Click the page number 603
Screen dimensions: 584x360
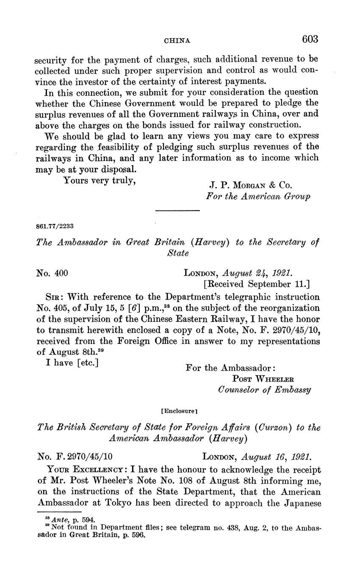tap(310, 39)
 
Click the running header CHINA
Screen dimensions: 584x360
tap(177, 41)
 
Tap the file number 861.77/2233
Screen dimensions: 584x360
tap(56, 226)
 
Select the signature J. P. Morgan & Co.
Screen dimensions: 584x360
tap(250, 185)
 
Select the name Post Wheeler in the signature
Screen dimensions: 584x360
tap(263, 379)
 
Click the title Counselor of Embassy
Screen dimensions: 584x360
tap(265, 390)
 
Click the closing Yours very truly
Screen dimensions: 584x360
tap(99, 180)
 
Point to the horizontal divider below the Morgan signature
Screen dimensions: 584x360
tap(177, 210)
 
